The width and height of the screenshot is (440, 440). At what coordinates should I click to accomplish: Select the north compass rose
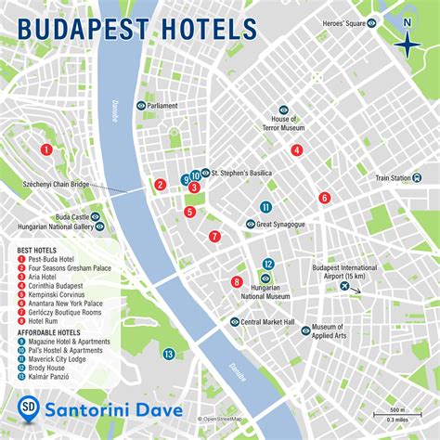click(407, 42)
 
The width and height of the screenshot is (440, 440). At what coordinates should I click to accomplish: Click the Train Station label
click(393, 177)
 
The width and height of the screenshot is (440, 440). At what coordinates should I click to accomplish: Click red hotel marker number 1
click(45, 149)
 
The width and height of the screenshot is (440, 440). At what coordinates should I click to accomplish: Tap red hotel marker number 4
click(296, 149)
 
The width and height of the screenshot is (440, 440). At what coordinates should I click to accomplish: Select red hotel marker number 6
click(324, 197)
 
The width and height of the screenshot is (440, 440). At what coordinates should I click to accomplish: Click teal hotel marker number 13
click(168, 354)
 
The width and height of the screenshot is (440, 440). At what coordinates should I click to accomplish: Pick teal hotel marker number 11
click(266, 207)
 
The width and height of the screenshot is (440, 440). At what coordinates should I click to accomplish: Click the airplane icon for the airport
click(345, 287)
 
